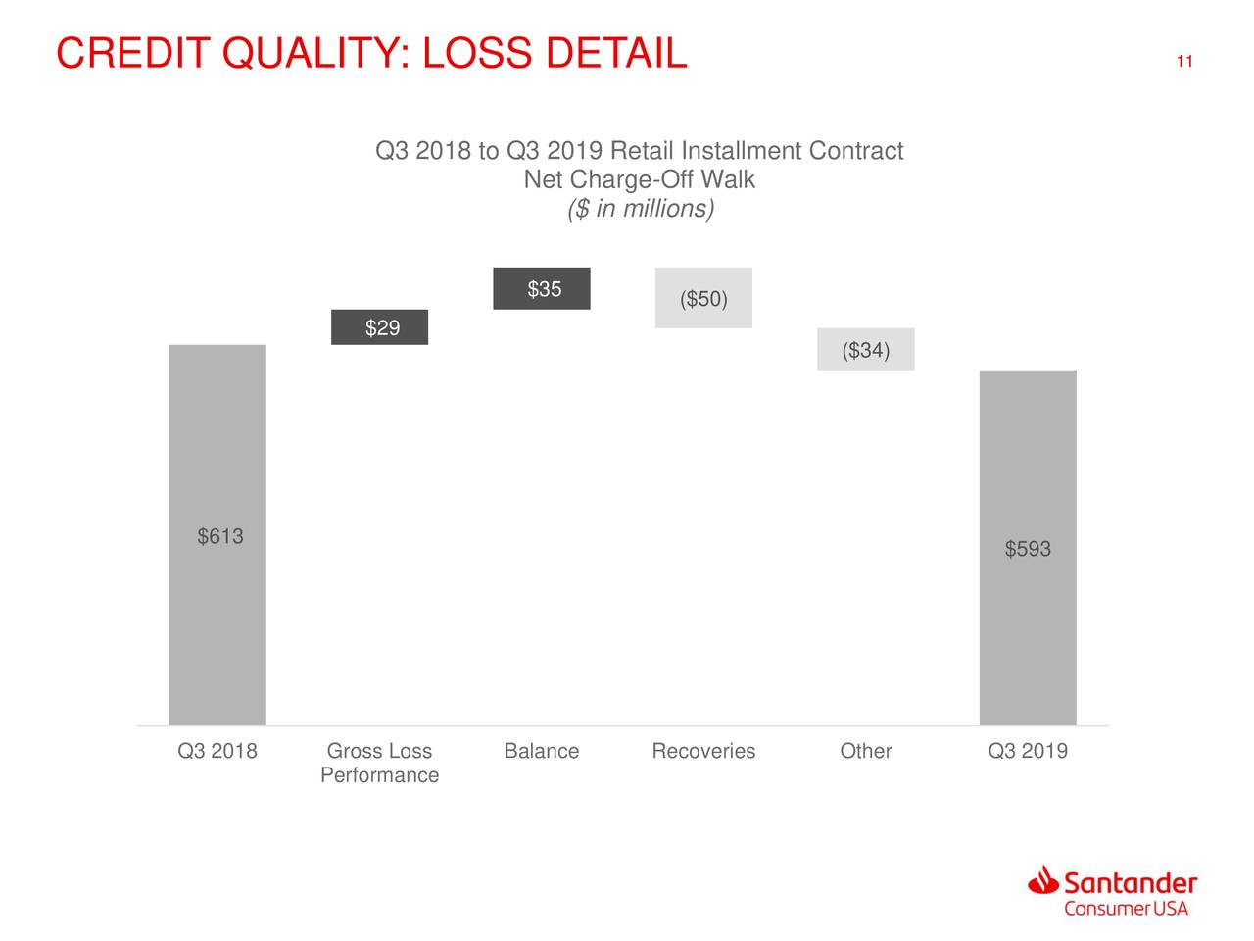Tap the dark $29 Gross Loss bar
pos(379,327)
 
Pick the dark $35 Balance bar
pos(542,288)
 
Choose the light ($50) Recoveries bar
pos(703,298)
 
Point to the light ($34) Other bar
pos(865,350)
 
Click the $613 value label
pos(220,536)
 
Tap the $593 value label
pos(1028,549)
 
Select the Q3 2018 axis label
pos(217,751)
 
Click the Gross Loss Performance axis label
pos(379,763)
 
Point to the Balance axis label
pos(541,751)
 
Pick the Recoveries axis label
pos(703,751)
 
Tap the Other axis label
pos(865,751)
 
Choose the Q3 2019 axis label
pos(1028,751)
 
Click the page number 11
pos(1183,63)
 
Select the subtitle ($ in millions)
pos(641,209)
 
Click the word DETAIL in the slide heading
pos(615,53)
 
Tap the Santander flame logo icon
pos(1043,879)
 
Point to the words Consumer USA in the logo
pos(1126,908)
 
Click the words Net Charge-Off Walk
pos(640,180)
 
